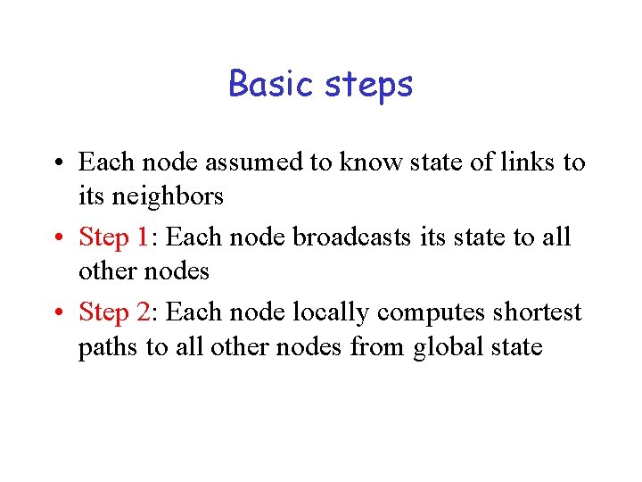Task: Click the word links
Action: click(524, 162)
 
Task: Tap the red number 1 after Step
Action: click(144, 237)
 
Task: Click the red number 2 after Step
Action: click(144, 312)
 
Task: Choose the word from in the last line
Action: click(378, 346)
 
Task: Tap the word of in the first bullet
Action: click(471, 162)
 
